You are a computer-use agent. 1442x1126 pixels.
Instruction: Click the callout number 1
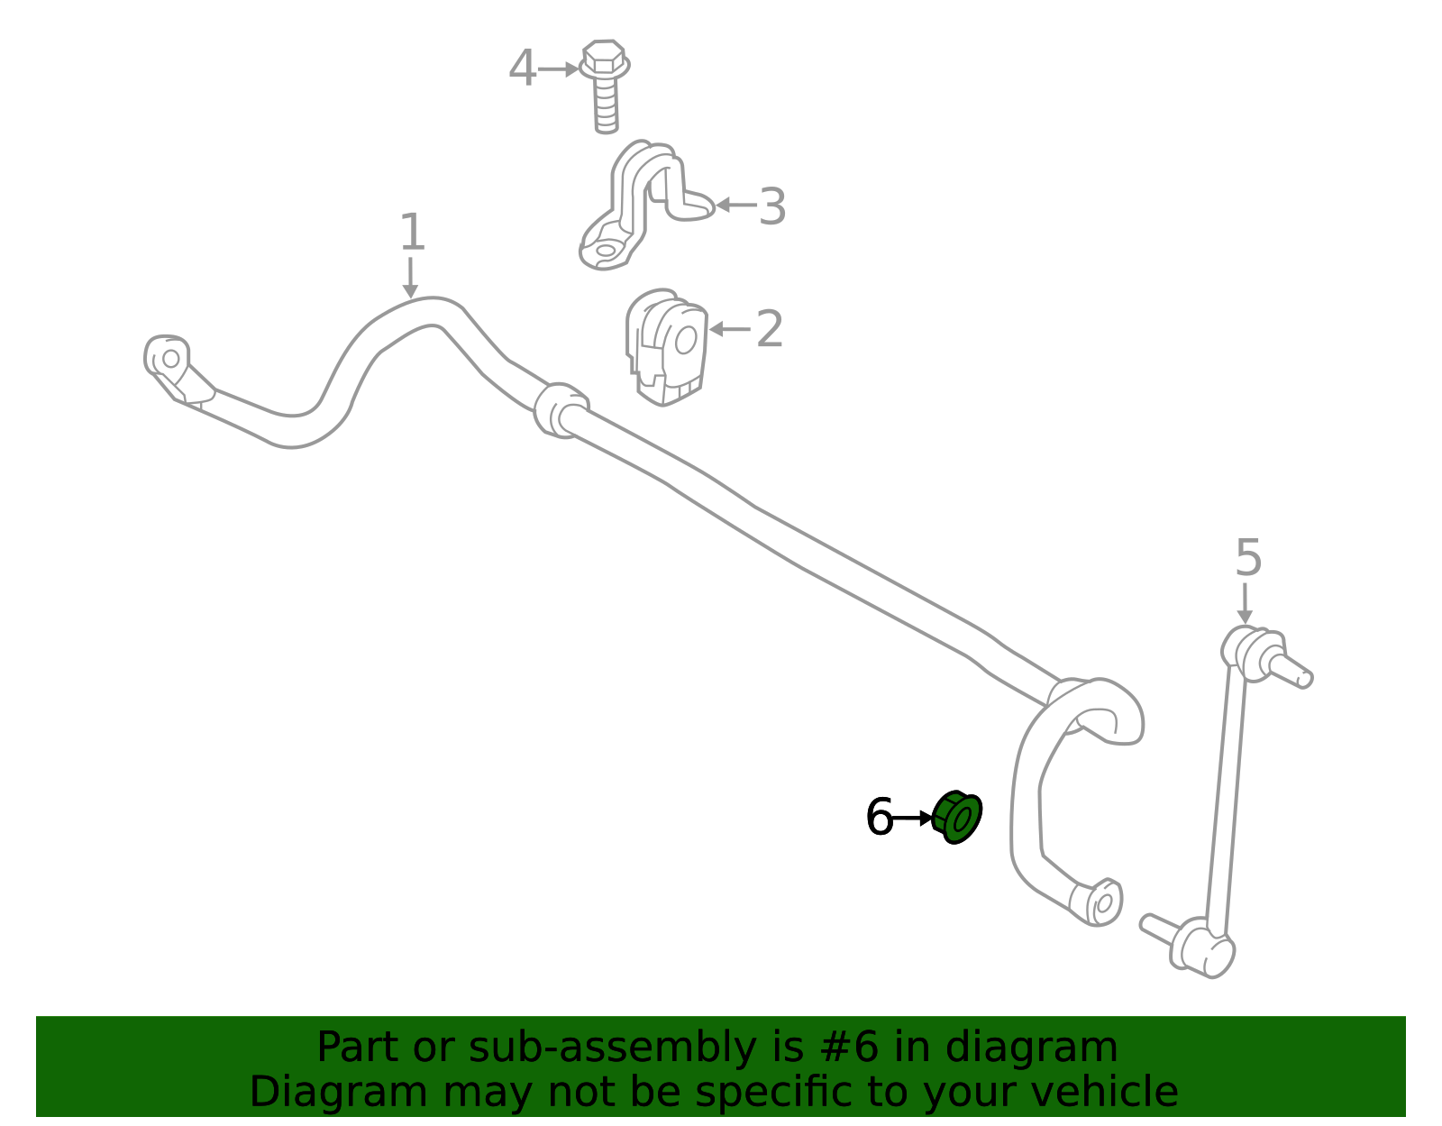point(412,232)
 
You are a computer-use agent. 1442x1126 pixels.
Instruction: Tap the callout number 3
point(772,206)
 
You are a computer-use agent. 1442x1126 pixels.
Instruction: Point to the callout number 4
point(522,68)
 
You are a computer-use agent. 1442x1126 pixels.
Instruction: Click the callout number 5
point(1248,557)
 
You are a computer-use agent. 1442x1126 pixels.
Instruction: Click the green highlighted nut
point(956,817)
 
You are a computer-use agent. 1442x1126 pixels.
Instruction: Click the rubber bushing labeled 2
point(666,347)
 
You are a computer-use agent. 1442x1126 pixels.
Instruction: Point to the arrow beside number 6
point(913,818)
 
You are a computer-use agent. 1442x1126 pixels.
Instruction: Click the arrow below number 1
point(410,278)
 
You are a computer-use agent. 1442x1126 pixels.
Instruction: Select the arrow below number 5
point(1245,603)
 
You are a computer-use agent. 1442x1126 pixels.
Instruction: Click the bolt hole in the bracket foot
point(606,251)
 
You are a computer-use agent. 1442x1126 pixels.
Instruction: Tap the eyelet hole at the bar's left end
point(170,359)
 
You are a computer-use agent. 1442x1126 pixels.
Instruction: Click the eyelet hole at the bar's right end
point(1104,903)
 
